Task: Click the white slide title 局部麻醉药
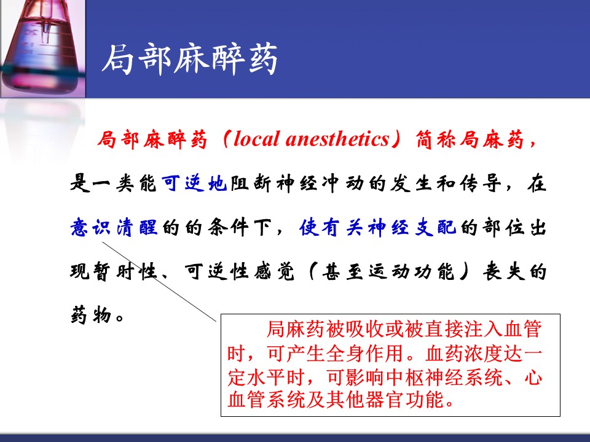[190, 59]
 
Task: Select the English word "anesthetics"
[337, 139]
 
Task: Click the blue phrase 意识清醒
[114, 227]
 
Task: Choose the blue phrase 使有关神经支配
[378, 227]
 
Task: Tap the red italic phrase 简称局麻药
[470, 139]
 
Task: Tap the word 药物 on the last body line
[92, 314]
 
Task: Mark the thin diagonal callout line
[160, 282]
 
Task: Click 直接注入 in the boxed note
[464, 330]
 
